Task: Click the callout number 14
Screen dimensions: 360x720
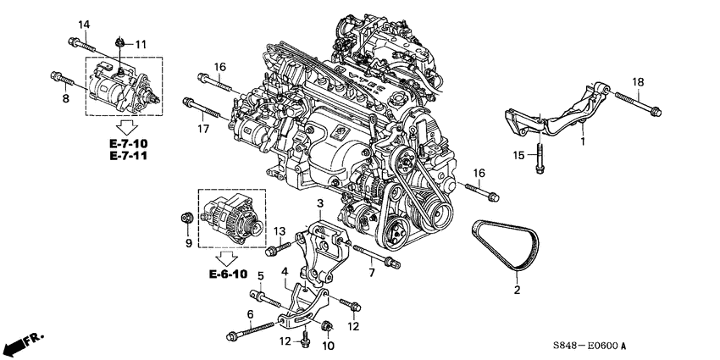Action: coord(82,23)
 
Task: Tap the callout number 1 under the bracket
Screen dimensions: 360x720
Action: coord(582,141)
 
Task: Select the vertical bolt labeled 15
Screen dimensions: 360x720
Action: coord(539,162)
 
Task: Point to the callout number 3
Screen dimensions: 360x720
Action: coord(321,204)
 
